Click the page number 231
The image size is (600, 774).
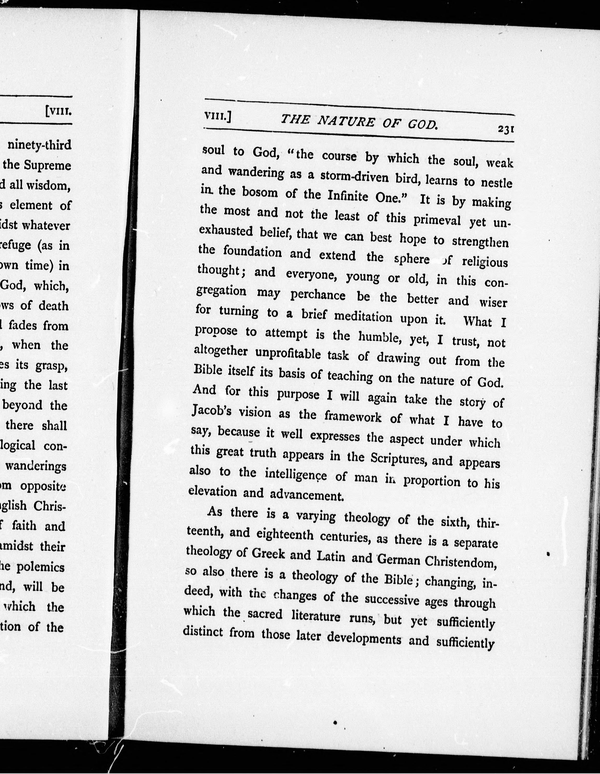(x=506, y=130)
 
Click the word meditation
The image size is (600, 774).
(x=364, y=316)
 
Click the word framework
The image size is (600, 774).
(x=353, y=417)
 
